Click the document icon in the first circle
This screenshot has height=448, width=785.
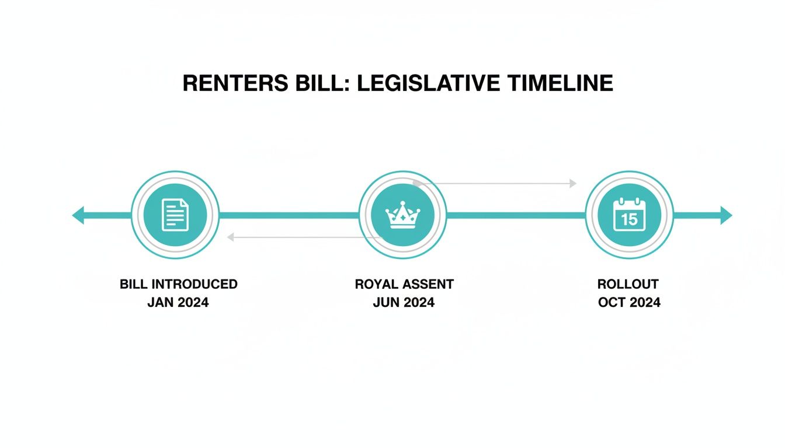(x=175, y=215)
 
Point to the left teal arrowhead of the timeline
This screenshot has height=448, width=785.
(x=78, y=215)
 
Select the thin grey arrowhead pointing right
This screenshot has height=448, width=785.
(x=573, y=183)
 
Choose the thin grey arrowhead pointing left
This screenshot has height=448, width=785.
(x=231, y=237)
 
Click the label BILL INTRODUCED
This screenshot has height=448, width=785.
(x=179, y=284)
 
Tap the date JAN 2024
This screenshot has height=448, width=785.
(x=178, y=303)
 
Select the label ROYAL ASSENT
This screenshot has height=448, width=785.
(x=404, y=284)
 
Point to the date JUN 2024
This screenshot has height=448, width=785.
(x=404, y=303)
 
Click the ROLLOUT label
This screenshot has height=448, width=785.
(x=628, y=284)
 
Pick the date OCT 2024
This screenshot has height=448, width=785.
(x=629, y=303)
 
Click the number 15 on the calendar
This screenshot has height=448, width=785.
(x=630, y=219)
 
